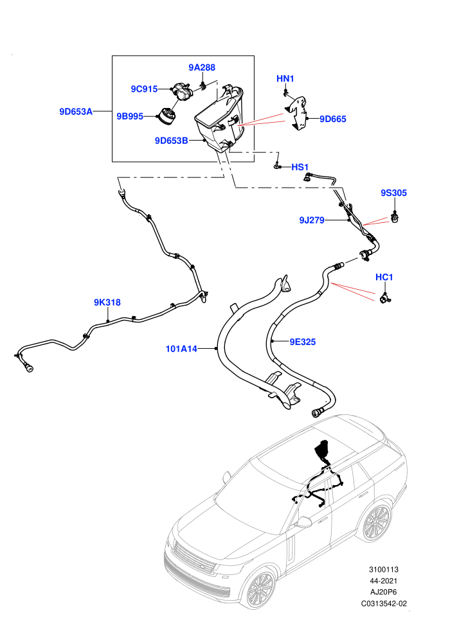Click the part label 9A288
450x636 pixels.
202,67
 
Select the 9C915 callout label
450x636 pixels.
144,89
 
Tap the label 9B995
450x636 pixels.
130,116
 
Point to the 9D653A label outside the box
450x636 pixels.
76,112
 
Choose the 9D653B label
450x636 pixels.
171,141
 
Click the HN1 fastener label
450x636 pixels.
285,78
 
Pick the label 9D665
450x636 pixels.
333,119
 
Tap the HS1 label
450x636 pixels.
300,167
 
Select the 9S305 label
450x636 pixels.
393,193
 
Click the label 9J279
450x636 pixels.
312,220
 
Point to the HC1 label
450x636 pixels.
384,277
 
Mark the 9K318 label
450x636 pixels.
107,302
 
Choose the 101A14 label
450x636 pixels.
181,348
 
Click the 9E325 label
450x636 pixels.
302,342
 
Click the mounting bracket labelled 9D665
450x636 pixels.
299,114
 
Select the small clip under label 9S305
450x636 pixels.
395,217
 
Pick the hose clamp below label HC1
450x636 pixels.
384,298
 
